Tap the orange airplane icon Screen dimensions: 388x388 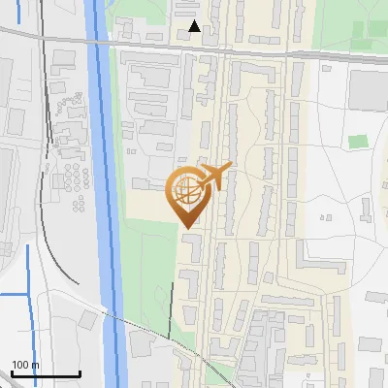coord(214,178)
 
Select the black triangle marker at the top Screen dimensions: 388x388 coord(195,26)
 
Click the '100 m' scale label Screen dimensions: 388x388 coord(25,365)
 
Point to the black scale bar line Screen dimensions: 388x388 coord(45,374)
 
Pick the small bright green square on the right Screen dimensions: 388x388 coord(359,142)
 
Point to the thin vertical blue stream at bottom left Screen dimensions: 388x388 coord(27,281)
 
